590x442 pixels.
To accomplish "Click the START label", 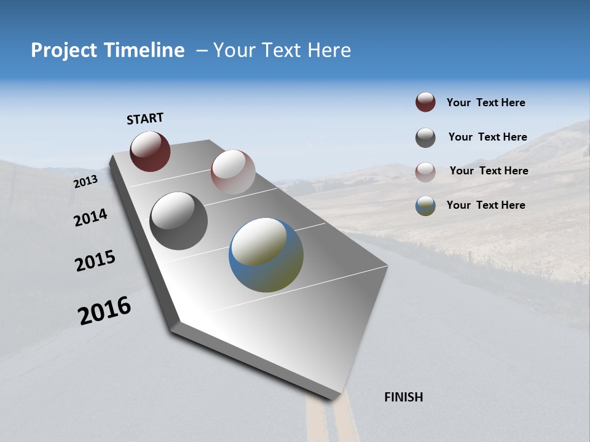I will click(x=145, y=118).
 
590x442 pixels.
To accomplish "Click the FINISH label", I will click(x=404, y=397).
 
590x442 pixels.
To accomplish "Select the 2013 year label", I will click(x=85, y=182).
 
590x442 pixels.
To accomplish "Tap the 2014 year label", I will click(x=90, y=218).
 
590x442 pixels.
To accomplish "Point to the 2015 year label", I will click(x=95, y=261).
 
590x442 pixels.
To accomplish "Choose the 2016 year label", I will click(x=104, y=311).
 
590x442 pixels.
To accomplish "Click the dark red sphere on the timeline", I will click(x=150, y=152).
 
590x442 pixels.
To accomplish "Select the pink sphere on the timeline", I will click(x=233, y=172).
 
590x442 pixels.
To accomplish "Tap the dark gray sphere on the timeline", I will click(x=178, y=221).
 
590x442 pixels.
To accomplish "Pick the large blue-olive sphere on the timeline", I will click(x=266, y=255).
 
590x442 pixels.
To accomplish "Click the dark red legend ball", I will click(x=425, y=103).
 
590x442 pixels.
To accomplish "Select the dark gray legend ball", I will click(x=425, y=138).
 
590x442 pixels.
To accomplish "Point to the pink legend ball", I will click(x=425, y=172).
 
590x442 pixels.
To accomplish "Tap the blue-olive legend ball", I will click(x=425, y=206).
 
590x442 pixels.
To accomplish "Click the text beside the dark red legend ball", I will click(x=486, y=103).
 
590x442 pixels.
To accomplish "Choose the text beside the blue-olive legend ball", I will click(x=486, y=205).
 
